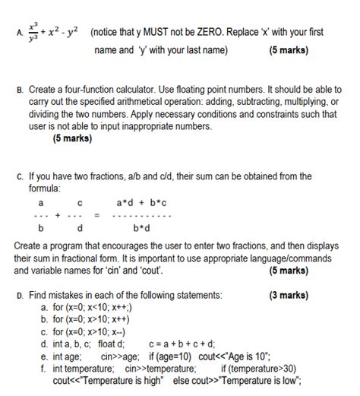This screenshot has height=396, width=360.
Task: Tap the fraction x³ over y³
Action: coord(32,33)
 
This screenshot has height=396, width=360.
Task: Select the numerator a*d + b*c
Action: coord(142,203)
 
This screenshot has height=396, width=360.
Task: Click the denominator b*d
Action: coord(142,227)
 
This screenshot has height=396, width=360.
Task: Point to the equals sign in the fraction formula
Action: coord(96,215)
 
